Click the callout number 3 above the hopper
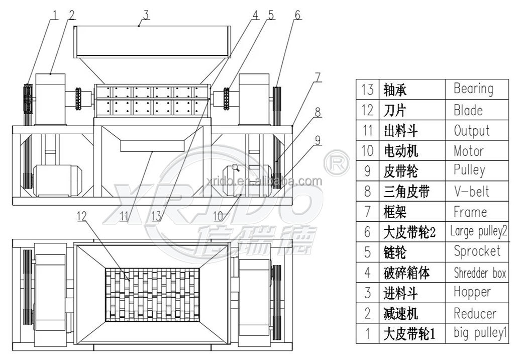pyautogui.click(x=146, y=15)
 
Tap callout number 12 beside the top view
pyautogui.click(x=82, y=216)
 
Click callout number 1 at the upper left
pyautogui.click(x=54, y=15)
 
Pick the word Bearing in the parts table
pyautogui.click(x=473, y=89)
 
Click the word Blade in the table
pyautogui.click(x=468, y=110)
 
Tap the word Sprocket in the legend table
pyautogui.click(x=477, y=251)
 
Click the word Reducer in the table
pyautogui.click(x=474, y=314)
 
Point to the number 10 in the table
pyautogui.click(x=367, y=151)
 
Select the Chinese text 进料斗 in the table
pyautogui.click(x=401, y=293)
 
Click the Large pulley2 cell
pyautogui.click(x=478, y=231)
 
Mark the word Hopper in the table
pyautogui.click(x=471, y=292)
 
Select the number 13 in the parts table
pyautogui.click(x=367, y=89)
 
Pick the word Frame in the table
pyautogui.click(x=470, y=212)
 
